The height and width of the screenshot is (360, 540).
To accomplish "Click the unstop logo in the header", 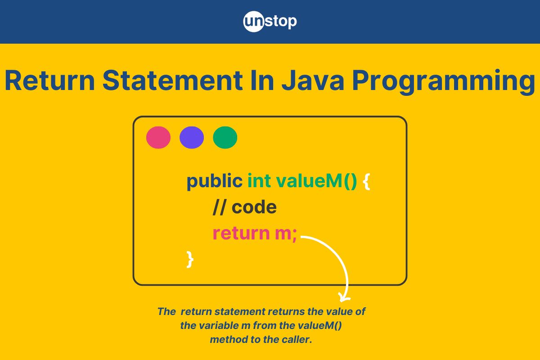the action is (x=270, y=22).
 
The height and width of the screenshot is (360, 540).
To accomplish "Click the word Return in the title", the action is (x=49, y=80).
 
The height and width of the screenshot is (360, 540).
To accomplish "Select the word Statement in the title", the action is (x=172, y=80).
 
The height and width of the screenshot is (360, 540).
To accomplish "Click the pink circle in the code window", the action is (x=158, y=137).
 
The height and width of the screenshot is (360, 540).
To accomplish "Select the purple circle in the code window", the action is (x=192, y=137).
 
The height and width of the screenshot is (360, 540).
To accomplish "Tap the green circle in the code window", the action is (x=225, y=137).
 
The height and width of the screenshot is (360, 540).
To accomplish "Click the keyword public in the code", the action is (x=215, y=181).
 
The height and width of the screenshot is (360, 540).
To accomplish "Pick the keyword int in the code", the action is (x=259, y=180).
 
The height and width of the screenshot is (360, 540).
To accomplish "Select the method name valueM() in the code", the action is (x=316, y=181).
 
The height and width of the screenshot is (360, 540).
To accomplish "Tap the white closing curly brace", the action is (x=190, y=260).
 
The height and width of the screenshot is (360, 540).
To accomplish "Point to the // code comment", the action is (x=245, y=207).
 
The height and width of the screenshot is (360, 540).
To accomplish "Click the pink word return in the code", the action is (x=241, y=233).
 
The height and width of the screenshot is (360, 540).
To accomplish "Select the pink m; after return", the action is (x=286, y=234).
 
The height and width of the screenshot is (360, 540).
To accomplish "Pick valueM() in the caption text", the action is (x=320, y=326).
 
